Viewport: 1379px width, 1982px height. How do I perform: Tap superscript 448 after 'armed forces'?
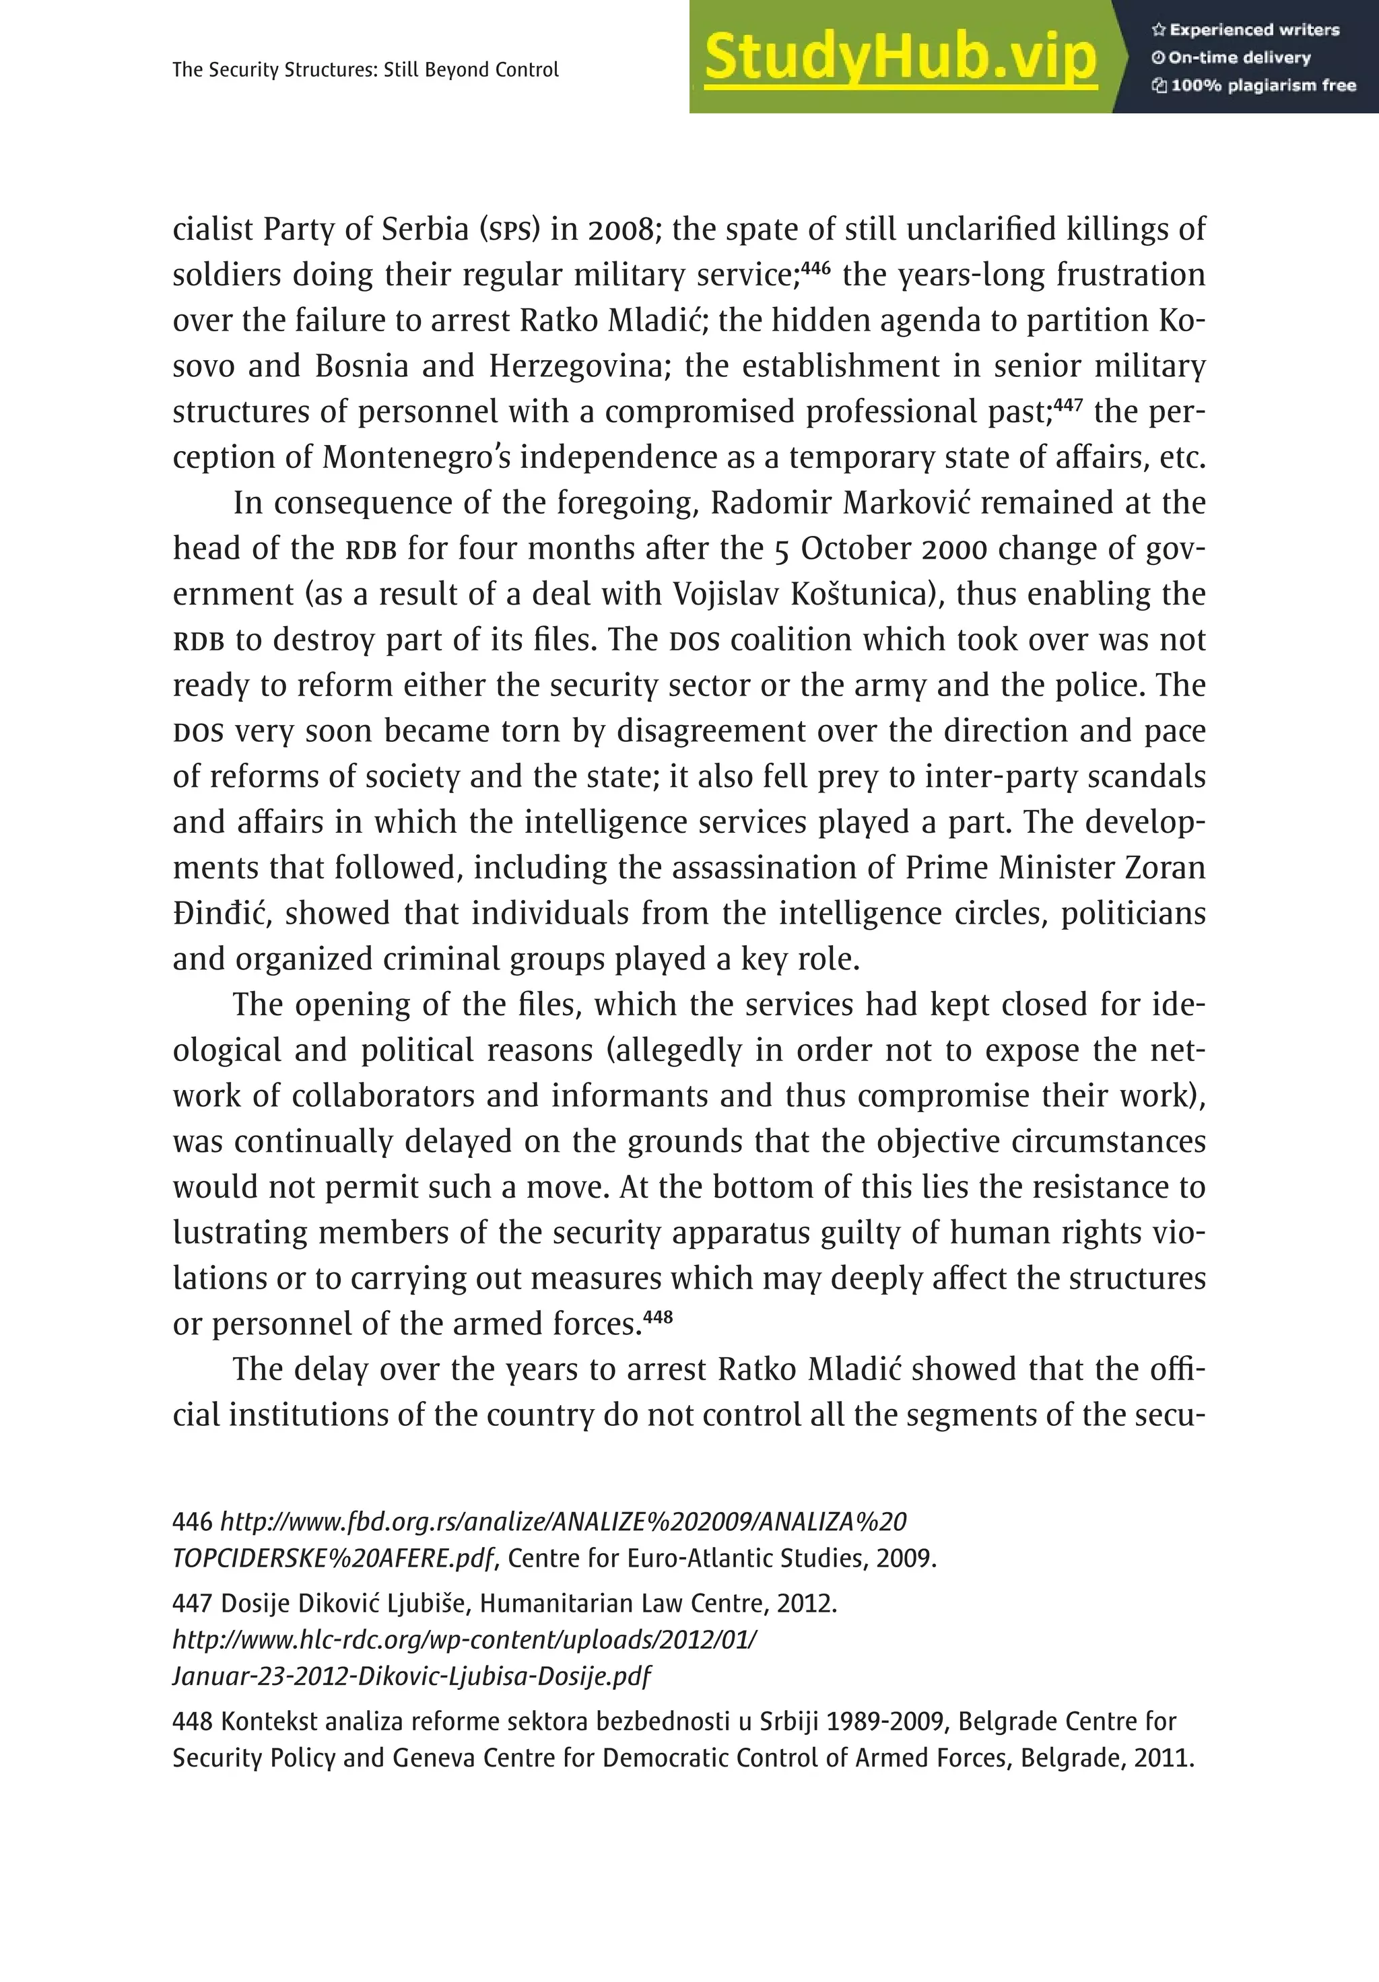tap(658, 1315)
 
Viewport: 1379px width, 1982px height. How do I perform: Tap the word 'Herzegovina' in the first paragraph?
tap(579, 366)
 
